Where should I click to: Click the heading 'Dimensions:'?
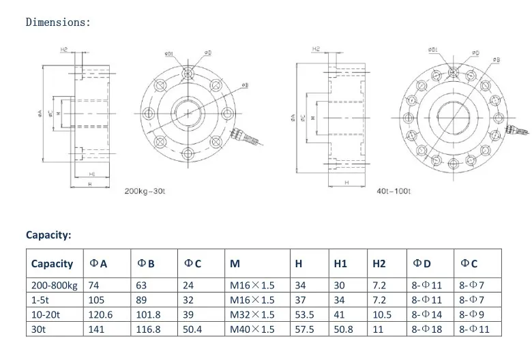point(58,22)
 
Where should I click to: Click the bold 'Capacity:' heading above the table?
point(48,235)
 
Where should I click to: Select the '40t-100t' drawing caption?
point(394,190)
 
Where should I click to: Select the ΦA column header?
point(98,264)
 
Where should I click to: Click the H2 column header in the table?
point(379,264)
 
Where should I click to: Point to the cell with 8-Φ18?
point(427,329)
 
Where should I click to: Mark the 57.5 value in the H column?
point(304,329)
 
